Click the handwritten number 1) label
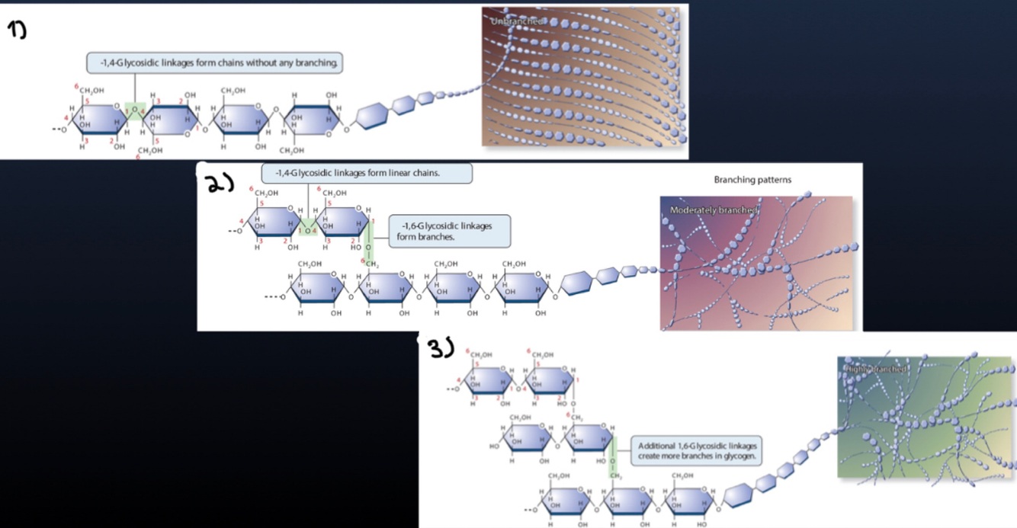pyautogui.click(x=18, y=30)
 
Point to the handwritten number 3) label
pyautogui.click(x=441, y=349)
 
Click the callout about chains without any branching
pyautogui.click(x=215, y=62)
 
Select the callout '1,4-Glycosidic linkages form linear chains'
pyautogui.click(x=367, y=173)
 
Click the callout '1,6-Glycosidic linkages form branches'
pyautogui.click(x=449, y=231)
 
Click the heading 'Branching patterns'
pyautogui.click(x=752, y=181)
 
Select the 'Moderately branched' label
pyautogui.click(x=713, y=210)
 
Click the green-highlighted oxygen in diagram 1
pyautogui.click(x=135, y=111)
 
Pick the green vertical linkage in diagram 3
pyautogui.click(x=612, y=454)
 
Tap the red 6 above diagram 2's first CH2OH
pyautogui.click(x=251, y=187)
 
